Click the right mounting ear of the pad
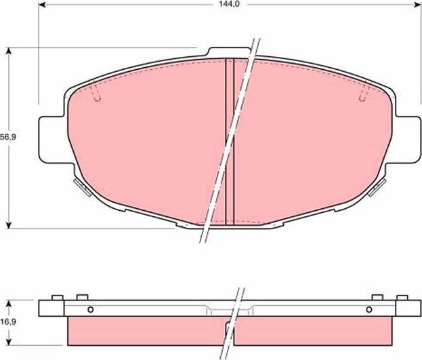(406, 140)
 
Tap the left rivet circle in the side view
(90, 310)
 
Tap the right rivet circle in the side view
(368, 310)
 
